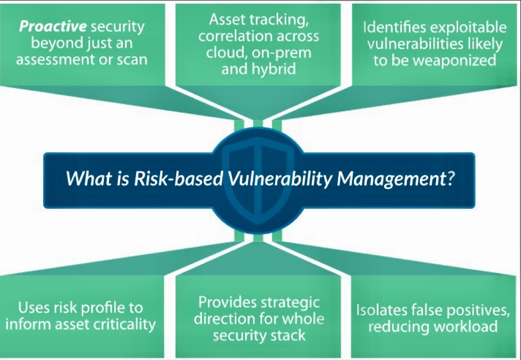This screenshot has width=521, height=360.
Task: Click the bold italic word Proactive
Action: click(53, 26)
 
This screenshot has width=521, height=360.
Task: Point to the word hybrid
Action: click(275, 69)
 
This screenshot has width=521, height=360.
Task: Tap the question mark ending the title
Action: click(450, 178)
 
